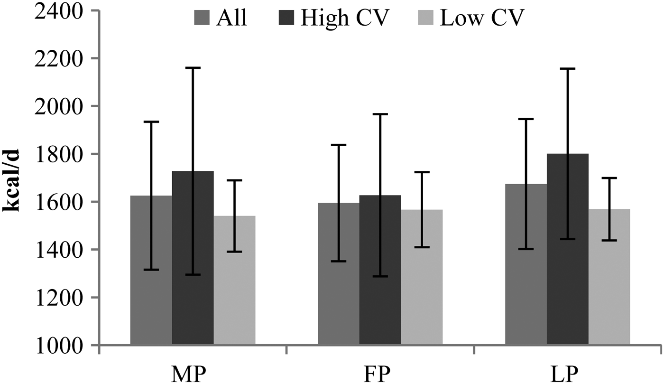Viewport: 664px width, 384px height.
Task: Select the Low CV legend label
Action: tap(482, 19)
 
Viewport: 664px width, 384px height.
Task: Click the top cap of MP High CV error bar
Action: tap(193, 68)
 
